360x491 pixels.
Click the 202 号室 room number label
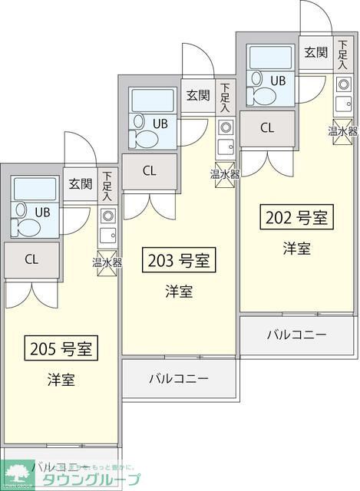(296, 218)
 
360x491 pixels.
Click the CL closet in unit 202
(267, 128)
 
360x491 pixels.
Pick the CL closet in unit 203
(150, 171)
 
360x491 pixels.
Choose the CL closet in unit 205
(31, 259)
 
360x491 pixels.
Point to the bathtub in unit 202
(269, 58)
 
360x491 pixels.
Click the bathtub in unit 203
(152, 101)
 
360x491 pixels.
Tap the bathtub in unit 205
(34, 189)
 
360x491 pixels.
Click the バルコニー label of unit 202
(297, 334)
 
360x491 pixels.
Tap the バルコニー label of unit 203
(179, 378)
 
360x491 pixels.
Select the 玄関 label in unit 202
(315, 52)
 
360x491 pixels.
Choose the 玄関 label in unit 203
(197, 95)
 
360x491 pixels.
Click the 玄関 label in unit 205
(80, 183)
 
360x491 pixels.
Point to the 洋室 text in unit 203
(179, 292)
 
